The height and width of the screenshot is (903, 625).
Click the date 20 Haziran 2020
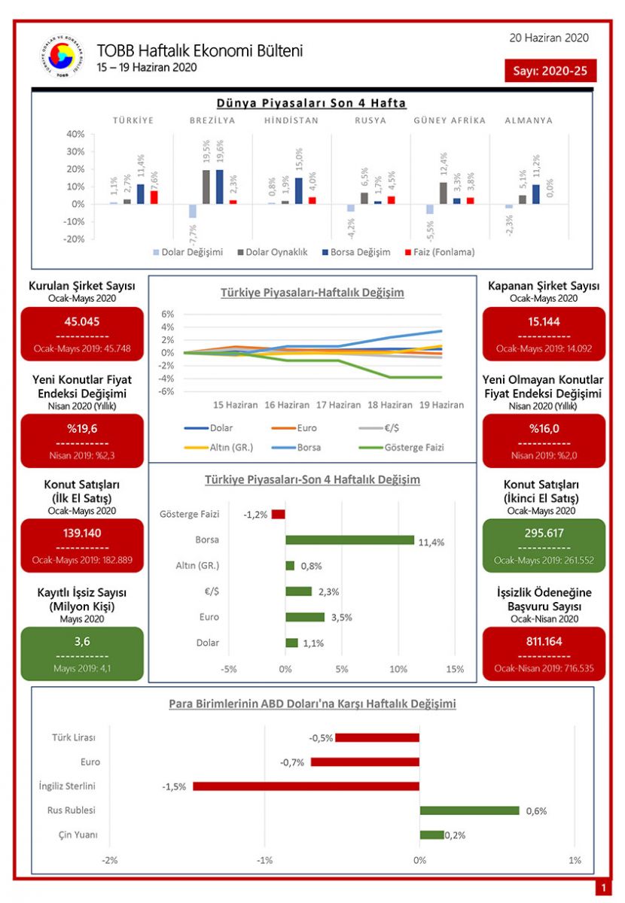click(x=549, y=38)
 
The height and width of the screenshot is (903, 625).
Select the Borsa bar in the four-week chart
click(x=349, y=540)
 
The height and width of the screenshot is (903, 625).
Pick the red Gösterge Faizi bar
click(x=279, y=514)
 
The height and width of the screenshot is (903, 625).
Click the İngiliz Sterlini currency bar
click(x=306, y=786)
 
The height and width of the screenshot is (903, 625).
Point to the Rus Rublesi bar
click(x=469, y=810)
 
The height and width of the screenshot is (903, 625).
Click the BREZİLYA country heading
click(x=212, y=120)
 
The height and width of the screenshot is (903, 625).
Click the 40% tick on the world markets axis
click(x=75, y=134)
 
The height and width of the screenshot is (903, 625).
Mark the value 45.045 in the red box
click(x=82, y=321)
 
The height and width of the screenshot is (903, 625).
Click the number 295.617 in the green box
click(x=543, y=534)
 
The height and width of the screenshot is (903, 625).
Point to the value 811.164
click(x=543, y=641)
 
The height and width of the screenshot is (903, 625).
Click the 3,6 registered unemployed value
click(x=82, y=641)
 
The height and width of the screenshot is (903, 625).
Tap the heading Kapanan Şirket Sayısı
click(x=544, y=286)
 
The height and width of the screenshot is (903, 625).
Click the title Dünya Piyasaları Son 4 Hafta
click(x=312, y=103)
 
